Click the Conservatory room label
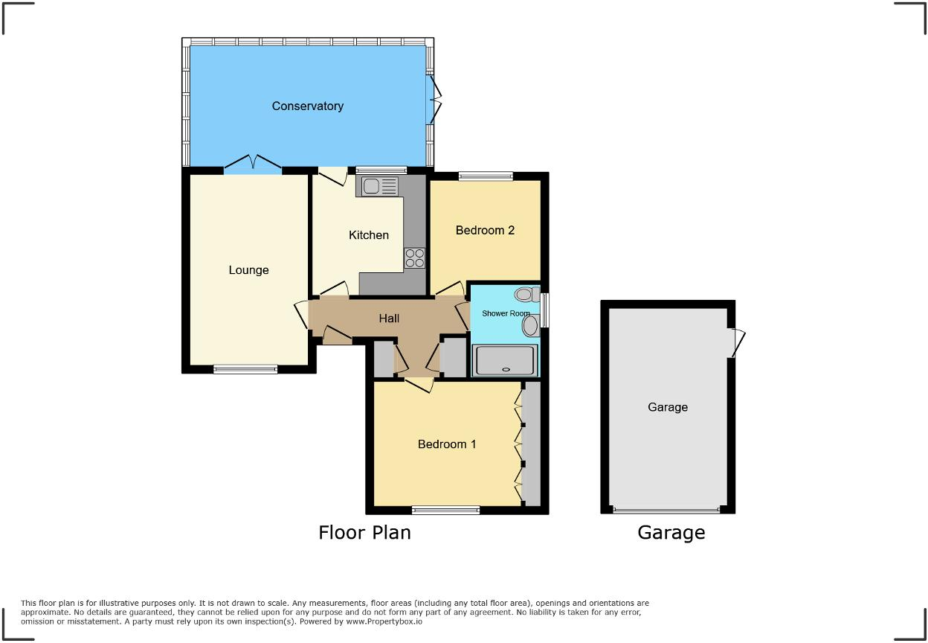click(x=307, y=106)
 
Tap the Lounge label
click(x=248, y=270)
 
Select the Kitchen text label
click(x=369, y=235)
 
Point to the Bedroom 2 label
click(x=485, y=231)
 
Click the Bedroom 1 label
click(x=447, y=444)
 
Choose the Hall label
click(x=389, y=319)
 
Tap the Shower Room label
click(x=506, y=313)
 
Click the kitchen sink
click(x=380, y=186)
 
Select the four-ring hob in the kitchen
click(x=415, y=257)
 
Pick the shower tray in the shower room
click(x=505, y=359)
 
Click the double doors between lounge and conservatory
click(x=253, y=164)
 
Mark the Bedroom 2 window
click(x=486, y=176)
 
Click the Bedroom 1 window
click(x=446, y=510)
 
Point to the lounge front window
click(x=245, y=368)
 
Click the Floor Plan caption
click(x=364, y=533)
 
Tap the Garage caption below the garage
click(x=671, y=533)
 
